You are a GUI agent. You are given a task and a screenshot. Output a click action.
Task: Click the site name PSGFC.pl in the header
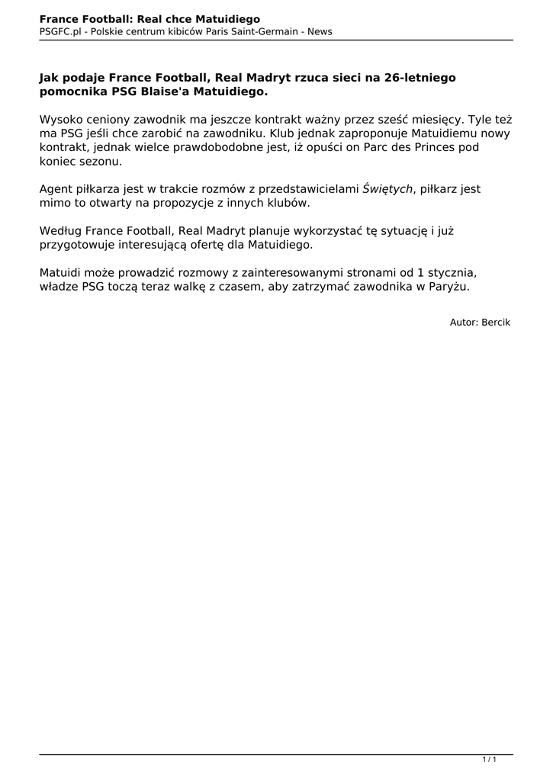[61, 31]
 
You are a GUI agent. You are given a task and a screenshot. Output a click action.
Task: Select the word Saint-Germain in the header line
[272, 31]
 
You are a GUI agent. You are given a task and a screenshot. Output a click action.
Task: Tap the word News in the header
[320, 31]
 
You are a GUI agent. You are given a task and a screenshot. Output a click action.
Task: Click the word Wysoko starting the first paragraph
[60, 120]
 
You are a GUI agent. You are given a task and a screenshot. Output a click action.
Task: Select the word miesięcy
[431, 120]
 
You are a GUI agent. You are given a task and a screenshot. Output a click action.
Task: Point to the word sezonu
[99, 161]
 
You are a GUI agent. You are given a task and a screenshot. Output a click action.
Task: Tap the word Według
[60, 231]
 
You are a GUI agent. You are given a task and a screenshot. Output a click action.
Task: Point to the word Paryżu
[450, 287]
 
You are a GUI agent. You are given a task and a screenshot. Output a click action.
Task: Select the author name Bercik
[496, 322]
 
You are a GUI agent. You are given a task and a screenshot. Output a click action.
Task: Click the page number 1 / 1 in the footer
[490, 759]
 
